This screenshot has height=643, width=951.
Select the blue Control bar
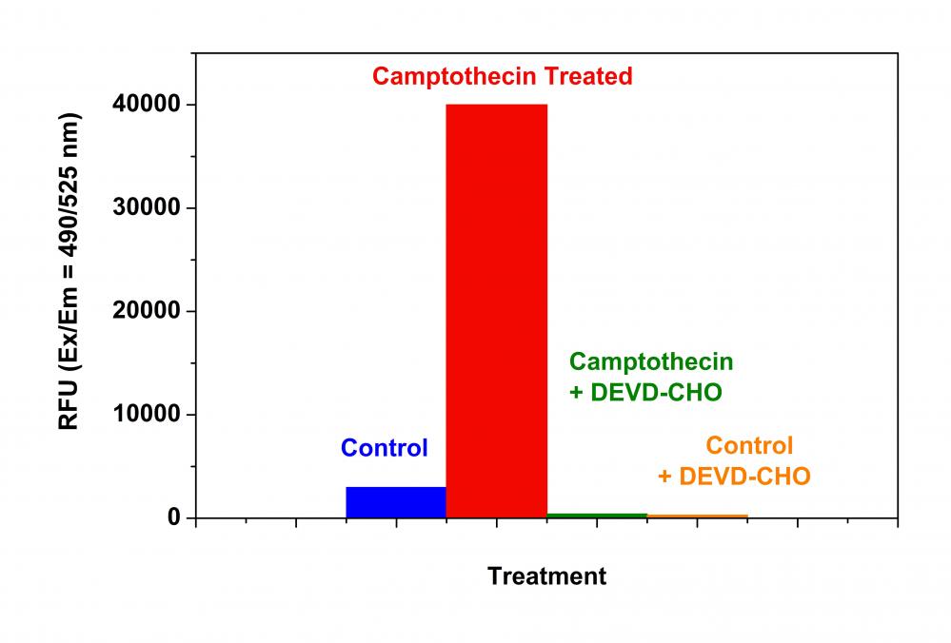click(396, 502)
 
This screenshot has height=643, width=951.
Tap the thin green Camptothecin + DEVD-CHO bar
click(597, 516)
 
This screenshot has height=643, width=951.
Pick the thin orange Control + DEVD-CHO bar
click(697, 516)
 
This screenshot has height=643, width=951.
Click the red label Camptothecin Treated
click(502, 77)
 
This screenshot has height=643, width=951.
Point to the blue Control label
click(385, 448)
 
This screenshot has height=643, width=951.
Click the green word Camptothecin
click(651, 361)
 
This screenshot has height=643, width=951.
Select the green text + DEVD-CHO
click(644, 393)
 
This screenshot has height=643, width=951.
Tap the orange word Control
click(749, 445)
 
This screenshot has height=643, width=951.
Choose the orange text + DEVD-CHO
click(733, 476)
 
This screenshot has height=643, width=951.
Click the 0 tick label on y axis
click(174, 518)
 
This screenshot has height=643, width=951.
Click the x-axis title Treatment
click(546, 575)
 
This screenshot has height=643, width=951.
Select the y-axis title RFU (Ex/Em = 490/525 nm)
click(69, 272)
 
